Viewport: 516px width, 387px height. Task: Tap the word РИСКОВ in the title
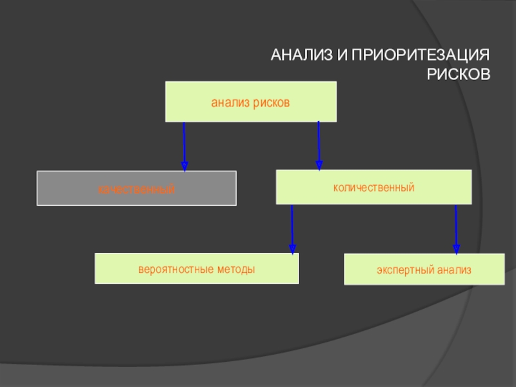459,74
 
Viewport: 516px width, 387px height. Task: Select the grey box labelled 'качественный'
137,188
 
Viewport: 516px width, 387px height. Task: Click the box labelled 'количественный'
373,187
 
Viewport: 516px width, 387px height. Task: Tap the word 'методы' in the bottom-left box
230,268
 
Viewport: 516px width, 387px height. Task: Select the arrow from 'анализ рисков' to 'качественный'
184,145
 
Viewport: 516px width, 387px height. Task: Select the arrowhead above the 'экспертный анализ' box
457,248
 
